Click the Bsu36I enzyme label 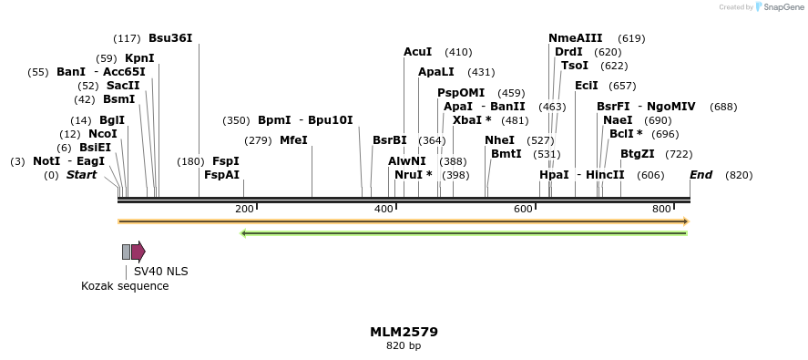pyautogui.click(x=170, y=38)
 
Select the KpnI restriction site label pyautogui.click(x=139, y=58)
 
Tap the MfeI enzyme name pyautogui.click(x=293, y=140)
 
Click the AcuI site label pyautogui.click(x=417, y=52)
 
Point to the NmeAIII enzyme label pyautogui.click(x=575, y=38)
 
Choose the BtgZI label pyautogui.click(x=637, y=154)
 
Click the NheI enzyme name pyautogui.click(x=499, y=140)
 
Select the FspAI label pyautogui.click(x=221, y=175)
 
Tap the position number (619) pyautogui.click(x=631, y=38)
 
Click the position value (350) pyautogui.click(x=236, y=120)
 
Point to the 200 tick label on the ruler pyautogui.click(x=244, y=210)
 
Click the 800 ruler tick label pyautogui.click(x=662, y=210)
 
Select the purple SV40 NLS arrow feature pyautogui.click(x=138, y=252)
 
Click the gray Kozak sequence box pyautogui.click(x=127, y=252)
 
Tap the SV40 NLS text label pyautogui.click(x=160, y=271)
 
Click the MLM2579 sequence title pyautogui.click(x=404, y=332)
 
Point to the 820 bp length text pyautogui.click(x=404, y=346)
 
